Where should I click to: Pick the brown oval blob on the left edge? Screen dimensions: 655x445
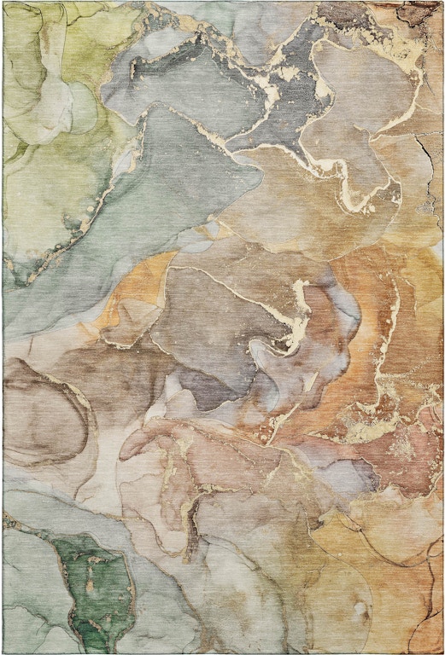43,409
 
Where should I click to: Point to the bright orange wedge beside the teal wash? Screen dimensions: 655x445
128,299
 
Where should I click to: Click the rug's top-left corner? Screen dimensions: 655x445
3,3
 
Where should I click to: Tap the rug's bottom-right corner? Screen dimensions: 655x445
442,652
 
